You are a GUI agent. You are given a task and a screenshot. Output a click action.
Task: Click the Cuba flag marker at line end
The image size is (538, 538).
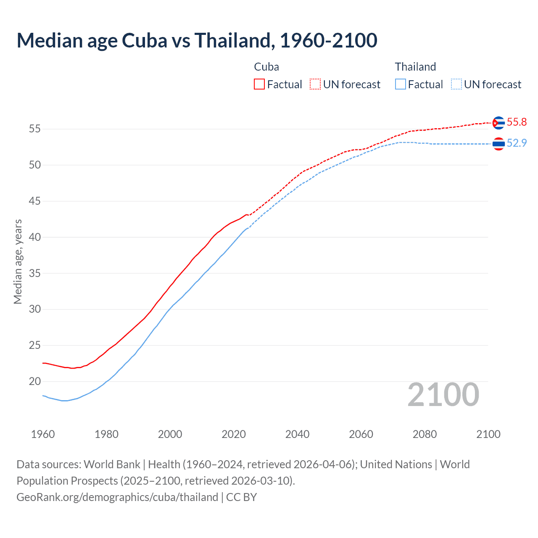pyautogui.click(x=498, y=123)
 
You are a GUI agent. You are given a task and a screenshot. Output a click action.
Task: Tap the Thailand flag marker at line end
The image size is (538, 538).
pyautogui.click(x=498, y=144)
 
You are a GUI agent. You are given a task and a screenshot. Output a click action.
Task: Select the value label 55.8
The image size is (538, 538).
pyautogui.click(x=517, y=122)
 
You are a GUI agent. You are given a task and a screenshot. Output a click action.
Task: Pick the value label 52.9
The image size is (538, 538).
pyautogui.click(x=517, y=143)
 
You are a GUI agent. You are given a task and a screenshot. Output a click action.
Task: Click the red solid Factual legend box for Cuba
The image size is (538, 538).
pyautogui.click(x=259, y=84)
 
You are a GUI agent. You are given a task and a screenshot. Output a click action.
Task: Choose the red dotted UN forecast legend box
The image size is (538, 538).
pyautogui.click(x=315, y=84)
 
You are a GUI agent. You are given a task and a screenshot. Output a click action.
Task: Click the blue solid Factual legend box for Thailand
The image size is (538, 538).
pyautogui.click(x=401, y=84)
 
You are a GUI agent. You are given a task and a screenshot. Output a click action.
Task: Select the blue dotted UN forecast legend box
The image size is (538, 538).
pyautogui.click(x=456, y=84)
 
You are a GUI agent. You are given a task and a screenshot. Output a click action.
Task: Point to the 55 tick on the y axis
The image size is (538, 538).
pyautogui.click(x=35, y=129)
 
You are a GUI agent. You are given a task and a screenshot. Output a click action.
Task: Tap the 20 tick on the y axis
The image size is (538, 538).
pyautogui.click(x=35, y=382)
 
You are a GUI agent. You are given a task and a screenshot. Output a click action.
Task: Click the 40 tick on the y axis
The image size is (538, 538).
pyautogui.click(x=35, y=237)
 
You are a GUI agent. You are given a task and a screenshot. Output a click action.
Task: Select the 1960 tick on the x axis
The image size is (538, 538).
pyautogui.click(x=43, y=434)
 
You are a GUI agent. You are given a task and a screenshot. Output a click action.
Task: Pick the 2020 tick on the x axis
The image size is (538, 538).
pyautogui.click(x=234, y=434)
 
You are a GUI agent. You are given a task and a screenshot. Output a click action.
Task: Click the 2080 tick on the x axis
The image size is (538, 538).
pyautogui.click(x=425, y=434)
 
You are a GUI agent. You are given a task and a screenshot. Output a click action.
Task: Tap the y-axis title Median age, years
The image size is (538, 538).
pyautogui.click(x=18, y=261)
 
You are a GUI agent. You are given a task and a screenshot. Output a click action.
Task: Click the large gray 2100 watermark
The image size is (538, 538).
pyautogui.click(x=443, y=395)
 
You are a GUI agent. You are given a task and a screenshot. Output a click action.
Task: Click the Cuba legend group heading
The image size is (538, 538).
pyautogui.click(x=266, y=67)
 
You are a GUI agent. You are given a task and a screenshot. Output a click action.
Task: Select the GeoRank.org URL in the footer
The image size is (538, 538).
pyautogui.click(x=117, y=497)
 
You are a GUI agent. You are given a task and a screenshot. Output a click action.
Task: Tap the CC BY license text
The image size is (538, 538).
pyautogui.click(x=241, y=497)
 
